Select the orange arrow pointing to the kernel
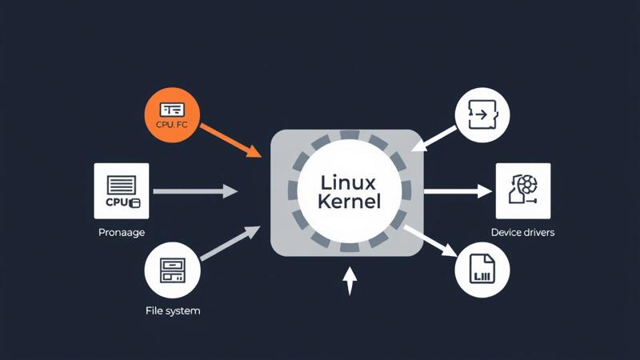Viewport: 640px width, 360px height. click(x=231, y=139)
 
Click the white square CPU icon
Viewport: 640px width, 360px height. click(x=122, y=190)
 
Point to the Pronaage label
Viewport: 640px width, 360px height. click(x=122, y=233)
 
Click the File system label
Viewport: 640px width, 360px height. click(x=172, y=310)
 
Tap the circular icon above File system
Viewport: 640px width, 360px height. click(x=172, y=270)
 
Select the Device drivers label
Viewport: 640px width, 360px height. click(x=522, y=233)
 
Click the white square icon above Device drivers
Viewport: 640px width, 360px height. click(x=523, y=190)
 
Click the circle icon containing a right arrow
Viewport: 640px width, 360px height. click(x=482, y=116)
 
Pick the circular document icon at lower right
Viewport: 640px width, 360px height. click(x=482, y=270)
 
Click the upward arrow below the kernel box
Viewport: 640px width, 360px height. click(x=349, y=281)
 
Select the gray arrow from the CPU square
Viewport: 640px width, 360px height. click(x=194, y=191)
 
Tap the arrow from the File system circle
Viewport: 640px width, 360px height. click(x=230, y=243)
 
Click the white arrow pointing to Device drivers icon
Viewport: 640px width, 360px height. click(x=457, y=191)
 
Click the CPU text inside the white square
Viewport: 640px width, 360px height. click(x=117, y=202)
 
